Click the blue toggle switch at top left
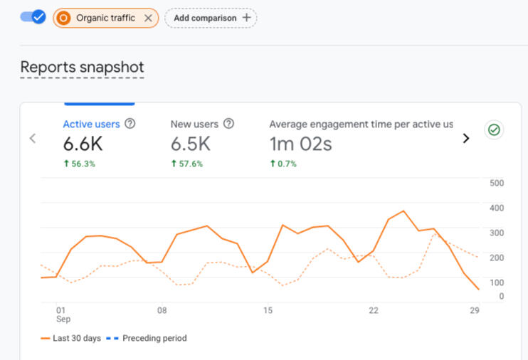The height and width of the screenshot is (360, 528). (x=33, y=17)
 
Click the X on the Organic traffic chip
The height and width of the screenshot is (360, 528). (x=148, y=18)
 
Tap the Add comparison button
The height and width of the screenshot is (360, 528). (x=211, y=18)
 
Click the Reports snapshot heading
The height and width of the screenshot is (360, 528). (x=82, y=67)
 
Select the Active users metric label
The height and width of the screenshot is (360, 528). (x=91, y=124)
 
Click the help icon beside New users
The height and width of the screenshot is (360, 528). (x=228, y=124)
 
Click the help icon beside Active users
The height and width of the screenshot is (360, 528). (x=130, y=124)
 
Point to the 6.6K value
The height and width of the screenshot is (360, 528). (x=83, y=144)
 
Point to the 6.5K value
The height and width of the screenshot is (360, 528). (x=190, y=144)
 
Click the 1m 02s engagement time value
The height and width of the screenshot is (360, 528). (x=300, y=144)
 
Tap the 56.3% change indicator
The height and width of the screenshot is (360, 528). (x=80, y=164)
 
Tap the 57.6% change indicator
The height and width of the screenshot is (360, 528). (x=187, y=164)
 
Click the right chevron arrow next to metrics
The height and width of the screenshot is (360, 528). (x=466, y=139)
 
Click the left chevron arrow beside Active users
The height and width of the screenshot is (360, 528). (x=33, y=139)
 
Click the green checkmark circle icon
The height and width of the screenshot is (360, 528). (x=493, y=130)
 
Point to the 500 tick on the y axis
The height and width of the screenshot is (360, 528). (x=497, y=183)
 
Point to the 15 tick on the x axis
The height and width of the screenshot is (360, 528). (x=268, y=310)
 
